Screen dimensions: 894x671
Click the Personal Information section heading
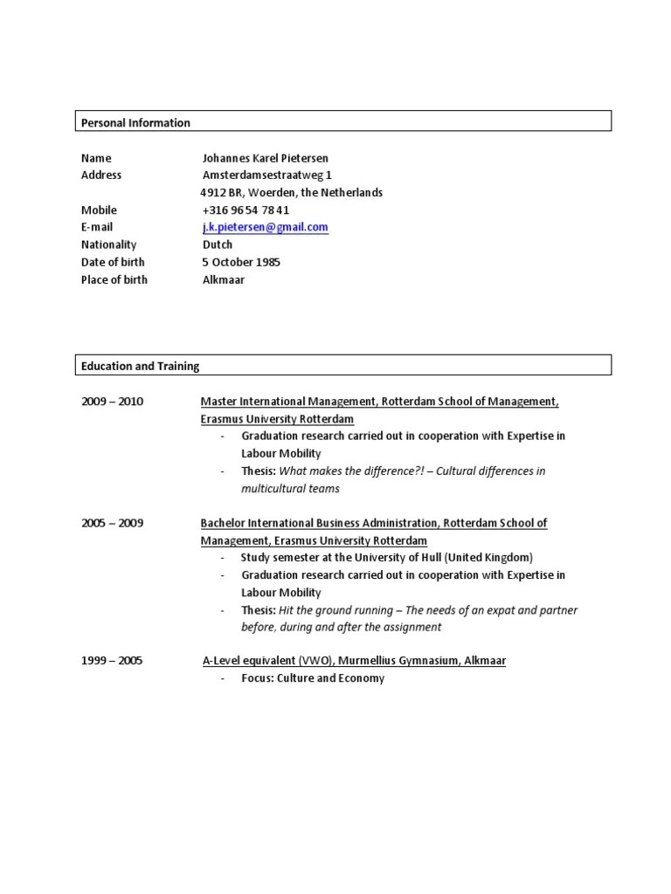click(x=135, y=123)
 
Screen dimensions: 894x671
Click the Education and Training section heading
click(x=140, y=367)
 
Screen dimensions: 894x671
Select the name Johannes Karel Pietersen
click(x=266, y=158)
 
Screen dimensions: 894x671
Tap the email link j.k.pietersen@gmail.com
click(x=265, y=227)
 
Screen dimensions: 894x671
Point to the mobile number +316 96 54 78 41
click(x=246, y=210)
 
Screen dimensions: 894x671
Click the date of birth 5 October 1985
click(x=241, y=262)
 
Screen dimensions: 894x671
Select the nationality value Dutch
click(x=218, y=244)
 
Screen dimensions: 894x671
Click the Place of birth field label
click(x=114, y=279)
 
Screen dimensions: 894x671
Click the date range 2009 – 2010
click(x=112, y=402)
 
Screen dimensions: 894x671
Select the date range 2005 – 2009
click(x=112, y=523)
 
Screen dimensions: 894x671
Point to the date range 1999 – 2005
click(x=112, y=661)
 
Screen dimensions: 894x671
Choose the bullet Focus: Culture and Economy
click(x=313, y=678)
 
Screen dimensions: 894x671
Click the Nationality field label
click(x=108, y=244)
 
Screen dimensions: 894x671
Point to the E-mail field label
click(x=97, y=227)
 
